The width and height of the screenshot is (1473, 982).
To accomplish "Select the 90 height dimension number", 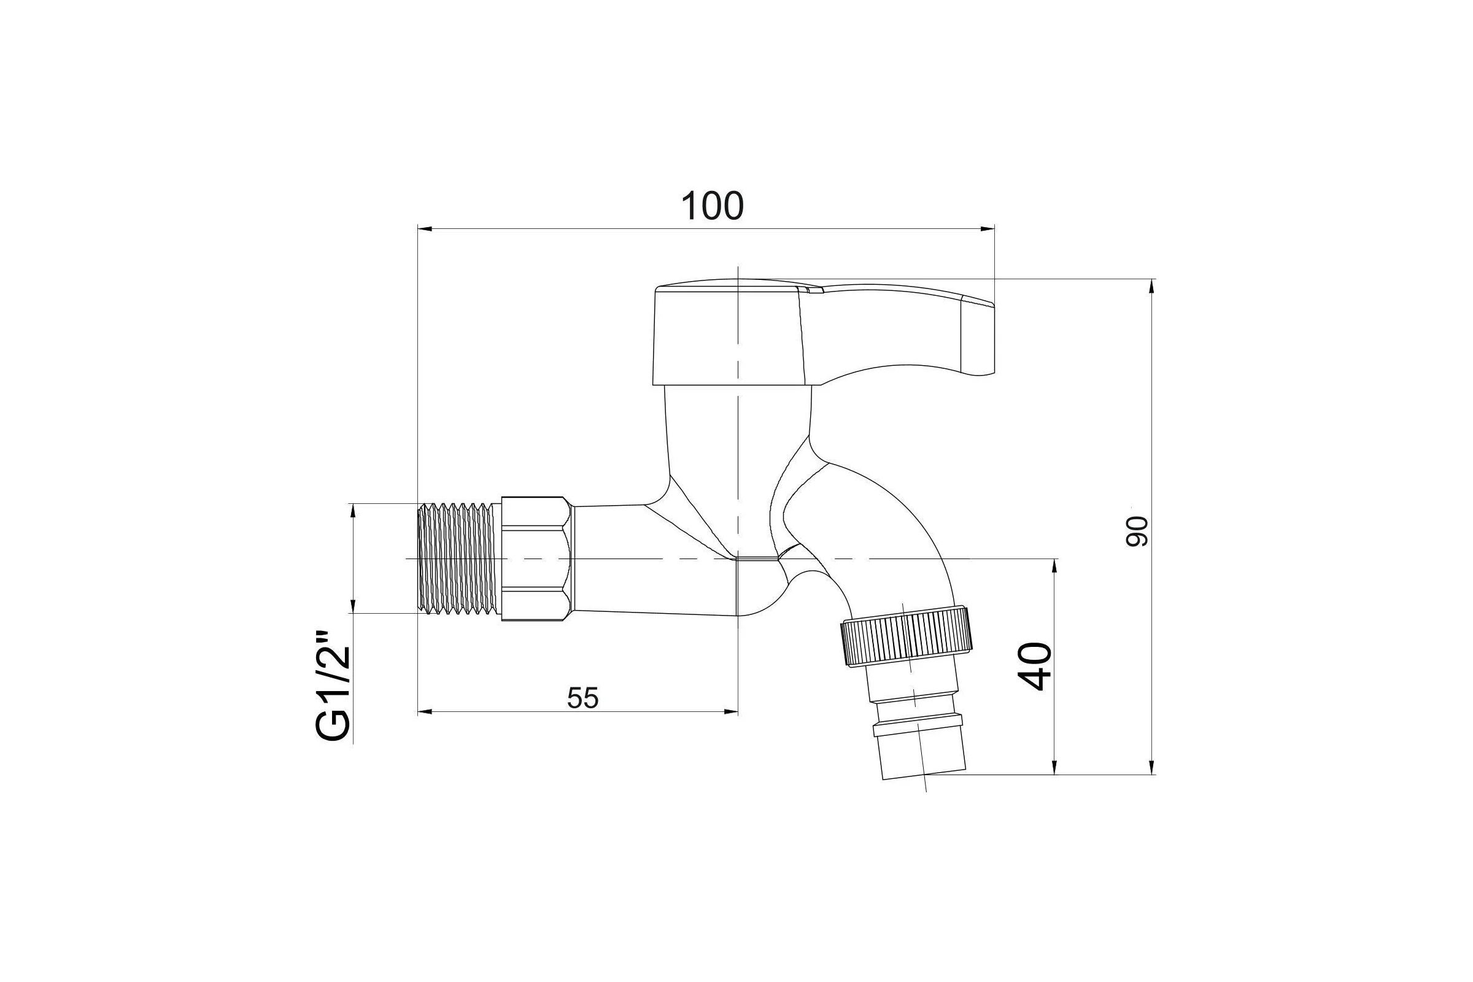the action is (1137, 531).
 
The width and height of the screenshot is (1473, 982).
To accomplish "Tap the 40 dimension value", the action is (1034, 667).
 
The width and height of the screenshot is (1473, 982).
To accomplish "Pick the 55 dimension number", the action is (583, 698).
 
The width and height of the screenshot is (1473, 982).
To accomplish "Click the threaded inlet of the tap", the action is (459, 557).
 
